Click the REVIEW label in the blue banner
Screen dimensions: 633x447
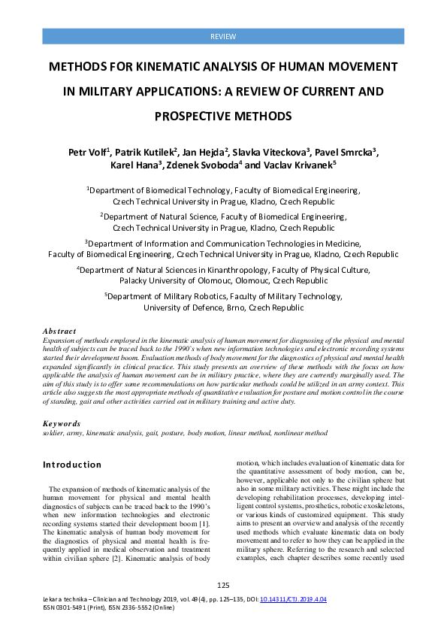[x=223, y=36]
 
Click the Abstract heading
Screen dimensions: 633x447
[x=59, y=331]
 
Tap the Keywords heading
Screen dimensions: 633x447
[x=62, y=424]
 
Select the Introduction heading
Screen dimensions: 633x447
[x=72, y=465]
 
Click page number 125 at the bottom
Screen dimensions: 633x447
[x=222, y=586]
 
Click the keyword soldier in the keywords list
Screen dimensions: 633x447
[x=54, y=433]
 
